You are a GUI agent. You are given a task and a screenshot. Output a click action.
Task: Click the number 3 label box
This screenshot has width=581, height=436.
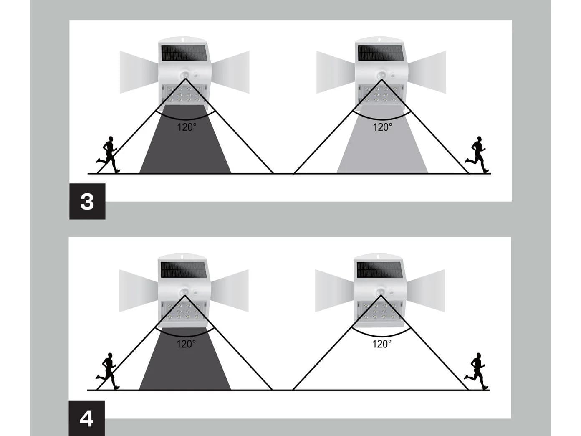87,201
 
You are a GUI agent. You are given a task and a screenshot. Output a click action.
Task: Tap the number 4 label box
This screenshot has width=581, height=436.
86,418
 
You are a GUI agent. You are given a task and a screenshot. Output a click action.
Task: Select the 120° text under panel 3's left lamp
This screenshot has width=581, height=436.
187,127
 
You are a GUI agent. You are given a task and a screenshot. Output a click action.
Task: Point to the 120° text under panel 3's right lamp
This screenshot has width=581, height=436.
382,127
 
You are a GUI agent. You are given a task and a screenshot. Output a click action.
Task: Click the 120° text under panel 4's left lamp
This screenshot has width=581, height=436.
186,344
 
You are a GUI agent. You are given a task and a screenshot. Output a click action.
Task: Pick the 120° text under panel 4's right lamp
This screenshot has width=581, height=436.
381,344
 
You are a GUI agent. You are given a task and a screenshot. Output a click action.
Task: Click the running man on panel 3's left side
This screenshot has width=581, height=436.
108,155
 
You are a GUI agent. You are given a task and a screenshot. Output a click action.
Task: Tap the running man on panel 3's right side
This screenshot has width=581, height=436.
477,155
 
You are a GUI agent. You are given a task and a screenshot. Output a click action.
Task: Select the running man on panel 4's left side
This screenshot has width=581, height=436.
107,371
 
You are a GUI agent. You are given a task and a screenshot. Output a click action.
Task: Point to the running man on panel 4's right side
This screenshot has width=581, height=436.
476,371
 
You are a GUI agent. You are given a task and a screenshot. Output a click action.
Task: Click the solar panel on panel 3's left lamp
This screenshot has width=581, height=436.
184,53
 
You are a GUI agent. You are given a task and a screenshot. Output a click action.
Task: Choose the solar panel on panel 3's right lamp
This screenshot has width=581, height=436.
381,53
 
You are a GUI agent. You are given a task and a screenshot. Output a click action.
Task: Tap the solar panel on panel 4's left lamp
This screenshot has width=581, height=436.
184,270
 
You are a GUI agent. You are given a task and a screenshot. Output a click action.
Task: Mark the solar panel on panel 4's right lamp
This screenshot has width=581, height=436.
380,270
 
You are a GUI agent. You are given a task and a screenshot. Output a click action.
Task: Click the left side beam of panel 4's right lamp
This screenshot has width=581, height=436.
335,291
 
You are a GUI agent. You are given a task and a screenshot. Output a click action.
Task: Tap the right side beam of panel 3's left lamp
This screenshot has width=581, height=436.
230,72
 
